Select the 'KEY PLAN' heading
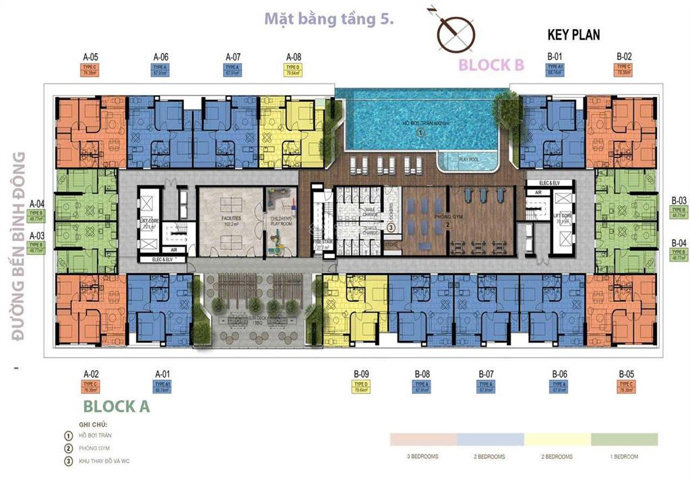[573, 34]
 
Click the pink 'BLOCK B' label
[491, 65]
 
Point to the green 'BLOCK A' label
[116, 406]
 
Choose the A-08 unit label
[293, 57]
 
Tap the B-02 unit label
[623, 56]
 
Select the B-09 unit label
[361, 373]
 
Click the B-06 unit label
[559, 373]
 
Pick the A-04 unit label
[36, 204]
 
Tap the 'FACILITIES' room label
[229, 219]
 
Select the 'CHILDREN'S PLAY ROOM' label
[280, 222]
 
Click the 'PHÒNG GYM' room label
[426, 216]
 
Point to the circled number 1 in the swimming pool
[420, 134]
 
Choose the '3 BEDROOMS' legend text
[423, 456]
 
